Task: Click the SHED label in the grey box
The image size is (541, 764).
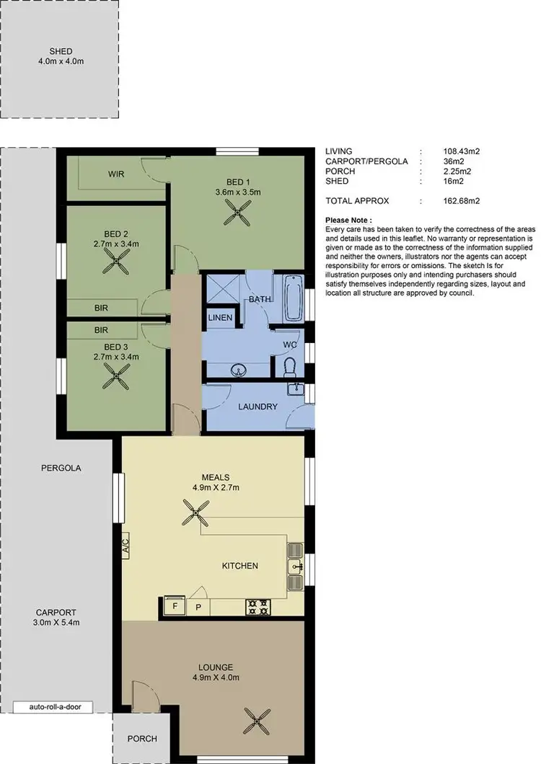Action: pyautogui.click(x=61, y=51)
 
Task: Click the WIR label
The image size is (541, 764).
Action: pyautogui.click(x=117, y=174)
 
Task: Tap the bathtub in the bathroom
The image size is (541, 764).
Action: pyautogui.click(x=292, y=298)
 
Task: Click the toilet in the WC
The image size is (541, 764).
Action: pyautogui.click(x=289, y=368)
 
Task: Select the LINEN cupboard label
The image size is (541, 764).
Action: pyautogui.click(x=221, y=318)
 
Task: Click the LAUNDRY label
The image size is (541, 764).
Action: pyautogui.click(x=258, y=407)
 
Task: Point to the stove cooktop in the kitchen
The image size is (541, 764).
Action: pyautogui.click(x=258, y=607)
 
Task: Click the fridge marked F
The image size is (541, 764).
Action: pyautogui.click(x=173, y=607)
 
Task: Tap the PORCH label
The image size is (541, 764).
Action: pyautogui.click(x=141, y=739)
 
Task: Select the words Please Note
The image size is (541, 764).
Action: pyautogui.click(x=349, y=220)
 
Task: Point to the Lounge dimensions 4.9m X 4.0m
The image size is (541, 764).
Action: pyautogui.click(x=217, y=678)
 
